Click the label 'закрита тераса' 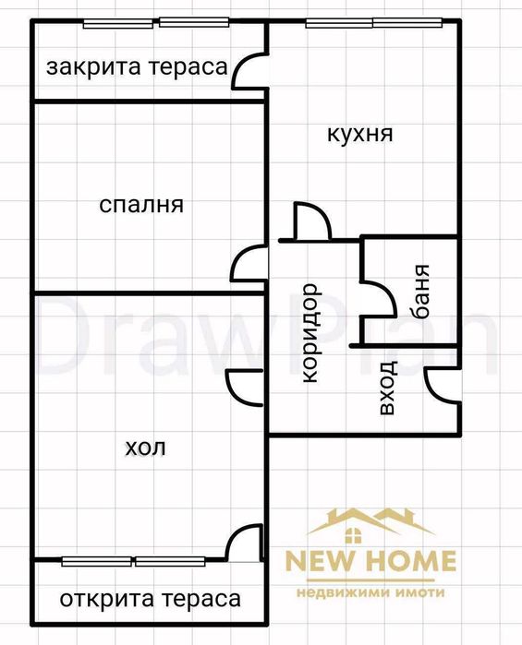point(136,67)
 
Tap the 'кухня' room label point(359,134)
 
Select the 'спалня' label point(141,205)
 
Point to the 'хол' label point(145,448)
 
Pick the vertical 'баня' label point(421,292)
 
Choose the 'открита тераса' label point(150,599)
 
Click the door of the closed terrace point(248,72)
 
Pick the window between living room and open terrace point(134,560)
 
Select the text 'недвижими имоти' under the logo point(370,591)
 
